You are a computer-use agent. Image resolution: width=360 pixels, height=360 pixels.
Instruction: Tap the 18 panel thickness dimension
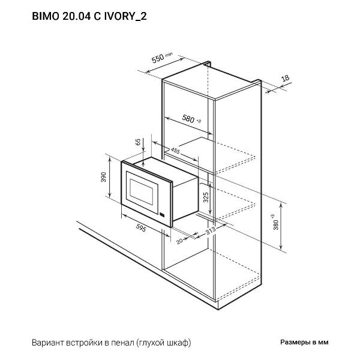(285, 79)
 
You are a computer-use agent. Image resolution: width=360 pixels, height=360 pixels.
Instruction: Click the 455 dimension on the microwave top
(176, 150)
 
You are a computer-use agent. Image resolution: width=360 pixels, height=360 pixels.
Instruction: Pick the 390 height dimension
(103, 178)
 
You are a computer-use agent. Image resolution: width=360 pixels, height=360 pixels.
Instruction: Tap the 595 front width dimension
(142, 228)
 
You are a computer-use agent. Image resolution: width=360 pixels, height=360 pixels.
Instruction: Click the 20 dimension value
(179, 241)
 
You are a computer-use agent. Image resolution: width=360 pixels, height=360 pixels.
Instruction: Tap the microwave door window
(141, 190)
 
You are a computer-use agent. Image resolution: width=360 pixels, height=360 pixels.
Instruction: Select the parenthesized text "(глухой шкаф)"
(163, 343)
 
